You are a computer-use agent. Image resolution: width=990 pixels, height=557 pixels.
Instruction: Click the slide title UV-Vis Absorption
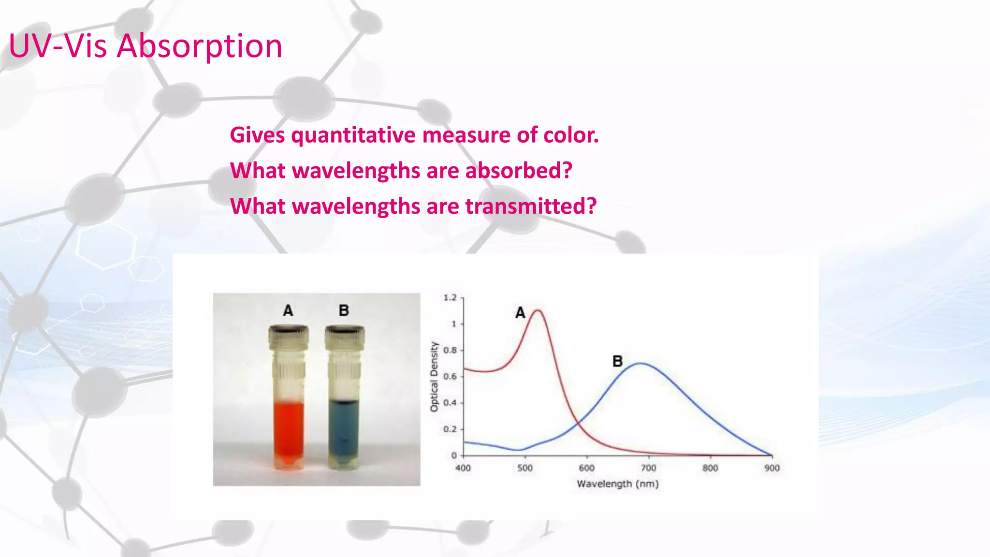point(145,46)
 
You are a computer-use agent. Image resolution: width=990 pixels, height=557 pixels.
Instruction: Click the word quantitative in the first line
point(353,135)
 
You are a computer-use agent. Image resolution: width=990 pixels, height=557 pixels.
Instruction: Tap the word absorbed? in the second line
point(518,171)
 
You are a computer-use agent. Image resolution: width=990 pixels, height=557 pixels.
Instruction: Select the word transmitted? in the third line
point(531,206)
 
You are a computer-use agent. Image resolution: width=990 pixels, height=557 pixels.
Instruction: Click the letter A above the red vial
point(288,310)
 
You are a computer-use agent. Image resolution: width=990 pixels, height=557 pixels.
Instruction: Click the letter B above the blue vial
point(344,310)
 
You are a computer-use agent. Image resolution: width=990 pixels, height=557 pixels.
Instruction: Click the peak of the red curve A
point(538,311)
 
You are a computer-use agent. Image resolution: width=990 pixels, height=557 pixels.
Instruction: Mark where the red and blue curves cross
point(578,424)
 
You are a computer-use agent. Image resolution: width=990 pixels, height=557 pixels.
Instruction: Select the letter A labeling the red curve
point(520,313)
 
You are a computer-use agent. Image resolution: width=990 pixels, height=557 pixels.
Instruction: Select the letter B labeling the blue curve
point(617,361)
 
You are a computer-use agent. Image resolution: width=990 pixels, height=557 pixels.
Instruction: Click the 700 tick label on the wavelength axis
point(648,468)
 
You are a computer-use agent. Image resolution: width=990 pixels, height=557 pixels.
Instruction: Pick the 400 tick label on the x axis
point(463,468)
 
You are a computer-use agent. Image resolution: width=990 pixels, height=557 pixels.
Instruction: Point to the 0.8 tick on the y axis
point(450,350)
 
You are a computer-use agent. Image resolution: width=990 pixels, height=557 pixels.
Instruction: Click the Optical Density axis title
point(434,377)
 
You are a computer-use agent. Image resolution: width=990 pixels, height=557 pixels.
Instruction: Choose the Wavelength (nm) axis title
point(617,484)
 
